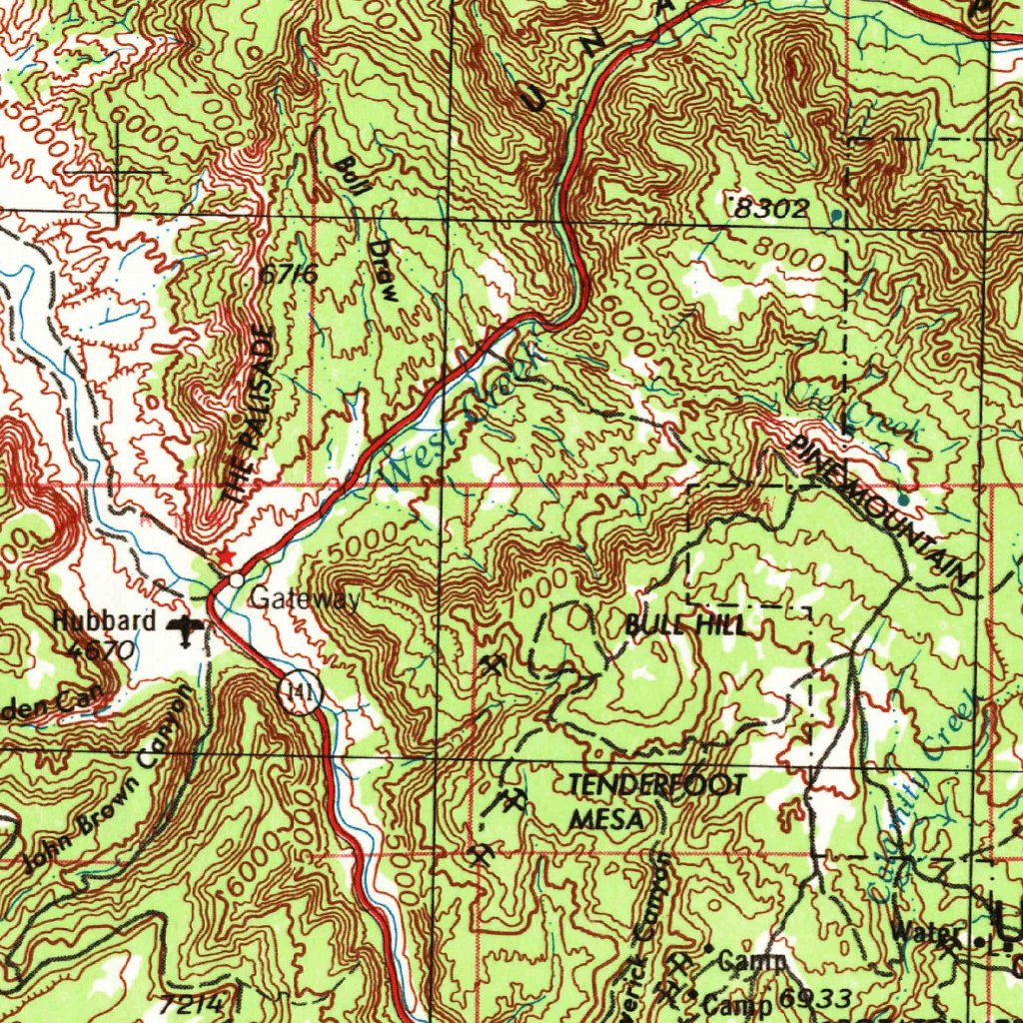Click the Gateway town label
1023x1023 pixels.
point(305,599)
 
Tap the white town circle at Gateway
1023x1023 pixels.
point(236,579)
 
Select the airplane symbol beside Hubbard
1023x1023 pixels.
point(187,628)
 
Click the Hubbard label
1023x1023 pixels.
point(105,621)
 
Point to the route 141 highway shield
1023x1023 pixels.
point(300,692)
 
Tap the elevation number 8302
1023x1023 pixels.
point(768,209)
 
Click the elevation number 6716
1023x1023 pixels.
point(288,274)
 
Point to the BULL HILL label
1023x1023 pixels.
point(684,626)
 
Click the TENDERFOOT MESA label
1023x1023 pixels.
point(654,802)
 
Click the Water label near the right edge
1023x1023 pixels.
point(928,935)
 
